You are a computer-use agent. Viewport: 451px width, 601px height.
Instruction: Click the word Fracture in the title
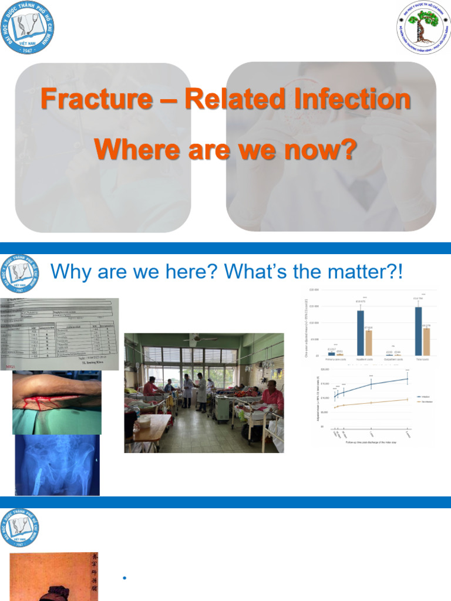(95, 99)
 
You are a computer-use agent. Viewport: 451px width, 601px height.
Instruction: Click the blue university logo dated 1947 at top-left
(26, 28)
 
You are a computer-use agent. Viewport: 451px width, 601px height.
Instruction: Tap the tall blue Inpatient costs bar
(361, 332)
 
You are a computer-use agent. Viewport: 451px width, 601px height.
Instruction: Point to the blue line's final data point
(407, 379)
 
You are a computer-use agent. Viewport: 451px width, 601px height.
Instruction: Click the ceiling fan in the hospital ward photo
(200, 338)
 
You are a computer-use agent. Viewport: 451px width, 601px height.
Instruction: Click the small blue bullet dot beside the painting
(124, 579)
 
